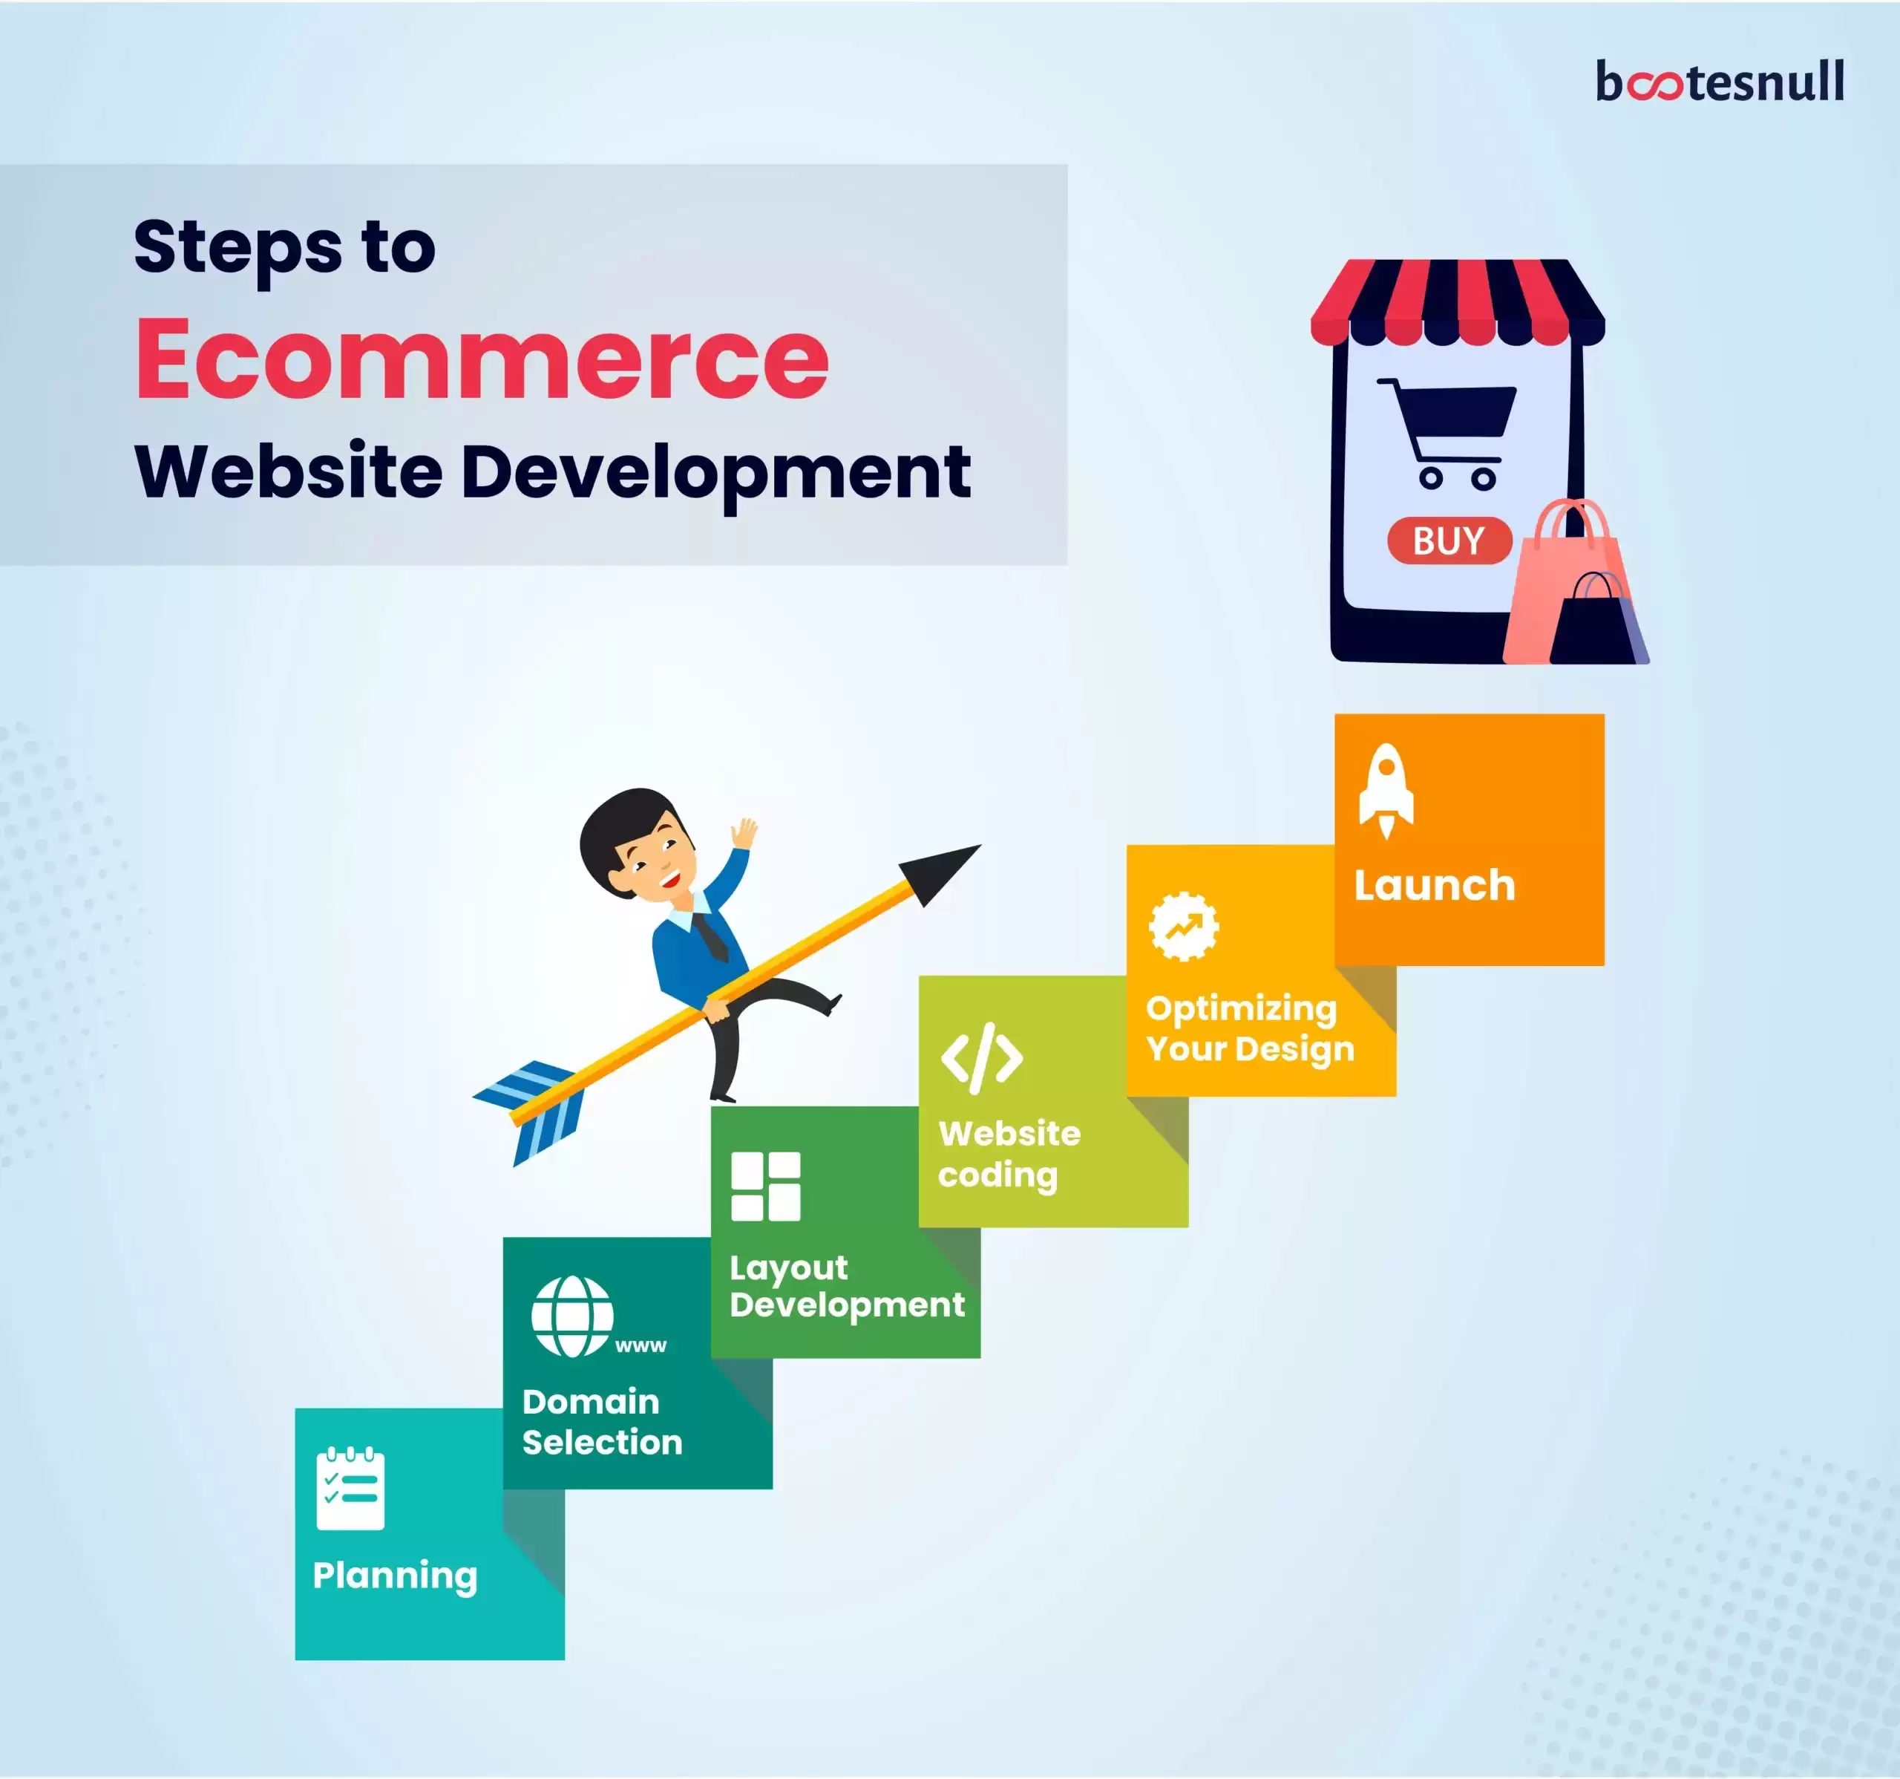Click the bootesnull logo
pos(1720,81)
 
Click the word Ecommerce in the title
pos(482,359)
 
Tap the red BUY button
pos(1449,541)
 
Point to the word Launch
pos(1435,886)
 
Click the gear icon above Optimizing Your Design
pos(1183,925)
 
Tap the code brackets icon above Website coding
pos(981,1058)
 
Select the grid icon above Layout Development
pos(765,1186)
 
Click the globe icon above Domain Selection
pos(572,1316)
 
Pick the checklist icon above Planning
pos(351,1489)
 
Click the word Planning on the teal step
pos(395,1576)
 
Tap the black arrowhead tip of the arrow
pos(980,845)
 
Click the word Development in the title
pos(716,472)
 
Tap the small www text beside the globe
pos(641,1346)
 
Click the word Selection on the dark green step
pos(602,1442)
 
